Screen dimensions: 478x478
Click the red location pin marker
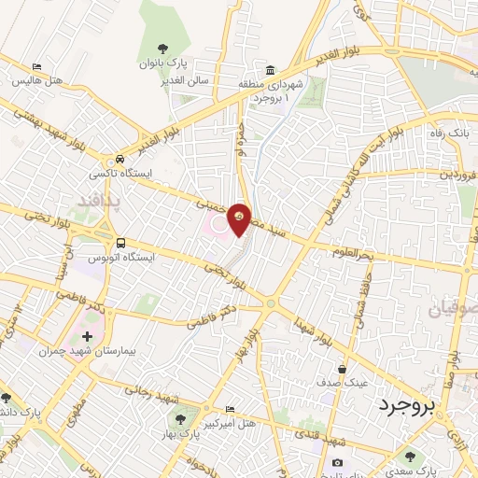239,219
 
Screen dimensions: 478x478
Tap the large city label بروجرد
408,406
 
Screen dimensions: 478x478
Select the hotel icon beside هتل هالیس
36,66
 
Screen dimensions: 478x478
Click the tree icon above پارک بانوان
164,49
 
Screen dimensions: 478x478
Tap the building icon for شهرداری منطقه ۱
270,71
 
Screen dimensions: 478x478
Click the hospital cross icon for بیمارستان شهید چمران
87,336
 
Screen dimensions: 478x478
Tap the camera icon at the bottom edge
337,463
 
